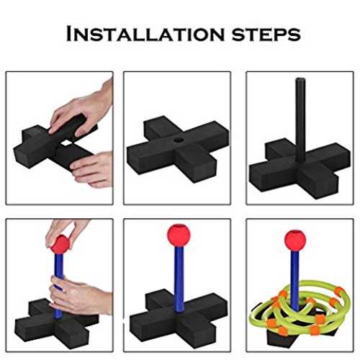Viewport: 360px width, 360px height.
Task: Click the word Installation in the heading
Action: point(145,34)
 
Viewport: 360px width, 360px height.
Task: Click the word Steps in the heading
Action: point(266,35)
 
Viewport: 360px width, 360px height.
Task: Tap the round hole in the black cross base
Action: point(179,140)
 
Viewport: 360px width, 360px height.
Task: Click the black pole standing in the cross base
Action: point(300,120)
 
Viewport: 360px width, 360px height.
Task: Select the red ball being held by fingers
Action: point(60,244)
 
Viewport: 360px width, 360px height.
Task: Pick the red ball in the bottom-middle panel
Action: point(179,235)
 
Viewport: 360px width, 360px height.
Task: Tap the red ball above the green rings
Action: point(295,240)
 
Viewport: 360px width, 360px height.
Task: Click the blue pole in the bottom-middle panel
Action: point(179,279)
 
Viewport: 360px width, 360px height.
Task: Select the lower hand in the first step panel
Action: point(92,169)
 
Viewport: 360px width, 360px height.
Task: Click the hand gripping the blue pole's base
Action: point(79,295)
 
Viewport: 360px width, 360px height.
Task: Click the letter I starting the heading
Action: point(69,34)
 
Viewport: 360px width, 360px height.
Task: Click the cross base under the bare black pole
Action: point(300,168)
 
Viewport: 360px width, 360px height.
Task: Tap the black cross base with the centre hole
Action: point(178,149)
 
